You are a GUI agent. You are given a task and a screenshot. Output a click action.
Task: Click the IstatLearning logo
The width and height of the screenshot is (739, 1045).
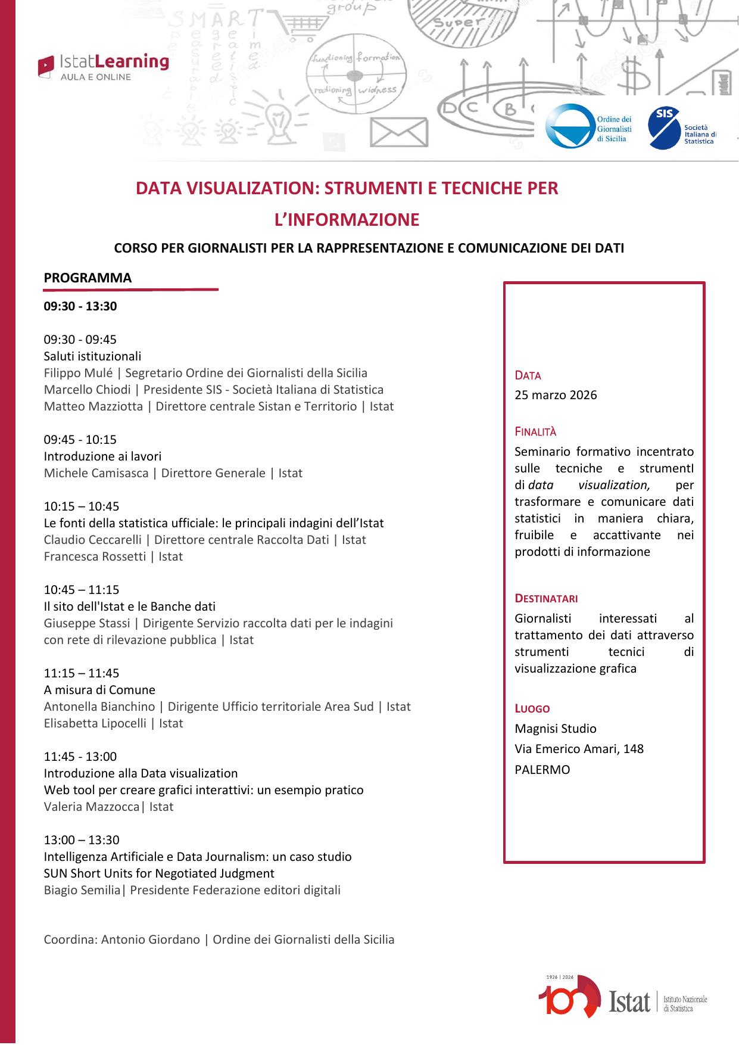coord(103,66)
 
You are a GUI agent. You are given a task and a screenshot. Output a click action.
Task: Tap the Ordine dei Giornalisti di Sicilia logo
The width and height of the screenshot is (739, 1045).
coord(588,126)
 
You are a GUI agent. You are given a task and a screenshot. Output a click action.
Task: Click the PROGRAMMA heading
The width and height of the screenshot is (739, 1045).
coord(88,278)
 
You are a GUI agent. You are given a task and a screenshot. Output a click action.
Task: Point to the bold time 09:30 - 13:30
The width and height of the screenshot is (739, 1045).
coord(80,307)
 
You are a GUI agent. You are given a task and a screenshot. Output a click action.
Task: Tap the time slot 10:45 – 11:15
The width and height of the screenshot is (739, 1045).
coord(82,590)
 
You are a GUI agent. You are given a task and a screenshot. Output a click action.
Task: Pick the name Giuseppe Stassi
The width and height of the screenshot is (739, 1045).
coord(87,623)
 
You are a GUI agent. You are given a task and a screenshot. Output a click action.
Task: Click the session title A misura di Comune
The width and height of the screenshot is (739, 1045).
coord(99,690)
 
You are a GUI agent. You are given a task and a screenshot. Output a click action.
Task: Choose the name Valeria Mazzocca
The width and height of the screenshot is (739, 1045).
coord(92,807)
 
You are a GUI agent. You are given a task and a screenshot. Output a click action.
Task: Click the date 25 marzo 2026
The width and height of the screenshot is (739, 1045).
coord(556,395)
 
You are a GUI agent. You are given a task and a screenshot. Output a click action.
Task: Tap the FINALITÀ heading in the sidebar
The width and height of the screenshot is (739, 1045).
coord(535,432)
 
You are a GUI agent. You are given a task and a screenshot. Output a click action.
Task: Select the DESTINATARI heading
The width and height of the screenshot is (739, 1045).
coord(546,598)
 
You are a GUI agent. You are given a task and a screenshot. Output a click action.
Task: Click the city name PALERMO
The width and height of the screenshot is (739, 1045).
coord(542,770)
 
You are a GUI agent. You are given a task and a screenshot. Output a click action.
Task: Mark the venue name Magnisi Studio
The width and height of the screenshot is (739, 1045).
coord(555,729)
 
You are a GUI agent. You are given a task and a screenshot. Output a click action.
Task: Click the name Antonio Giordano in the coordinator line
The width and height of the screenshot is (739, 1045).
coord(151,940)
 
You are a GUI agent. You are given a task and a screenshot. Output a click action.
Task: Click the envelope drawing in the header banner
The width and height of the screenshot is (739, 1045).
coord(398,132)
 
